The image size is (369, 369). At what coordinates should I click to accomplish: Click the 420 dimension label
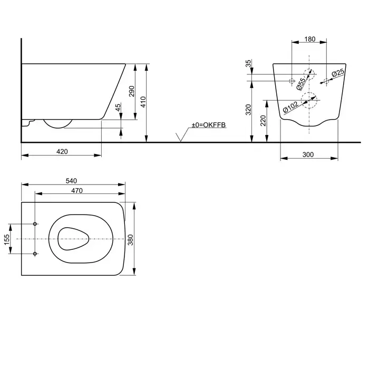[62, 152]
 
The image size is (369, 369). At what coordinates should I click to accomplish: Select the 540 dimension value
[71, 181]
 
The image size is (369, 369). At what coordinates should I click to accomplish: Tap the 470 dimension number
[77, 190]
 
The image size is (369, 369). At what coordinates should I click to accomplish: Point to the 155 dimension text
[7, 239]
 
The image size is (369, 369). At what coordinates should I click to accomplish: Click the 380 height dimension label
[130, 240]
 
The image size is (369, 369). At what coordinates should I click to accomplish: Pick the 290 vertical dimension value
[132, 91]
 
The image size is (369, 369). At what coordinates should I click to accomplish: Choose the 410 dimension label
[143, 102]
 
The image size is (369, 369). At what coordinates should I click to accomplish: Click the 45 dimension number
[118, 107]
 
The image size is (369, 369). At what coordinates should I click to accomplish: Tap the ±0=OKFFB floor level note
[209, 125]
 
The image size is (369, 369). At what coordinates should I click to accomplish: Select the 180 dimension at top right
[310, 39]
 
